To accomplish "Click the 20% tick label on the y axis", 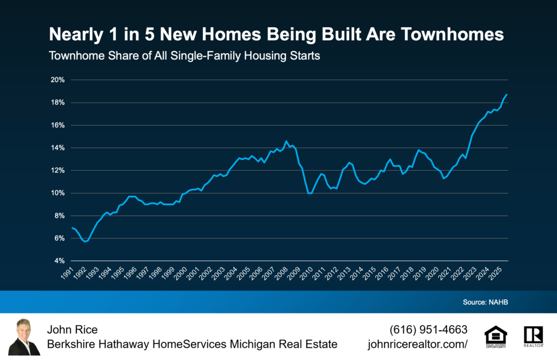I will click(x=58, y=80).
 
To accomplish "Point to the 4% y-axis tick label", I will click(x=59, y=261).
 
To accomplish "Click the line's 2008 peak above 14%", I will click(x=287, y=141).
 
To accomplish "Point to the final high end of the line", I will click(x=507, y=95).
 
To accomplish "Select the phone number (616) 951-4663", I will click(x=428, y=330).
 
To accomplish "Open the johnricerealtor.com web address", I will click(x=418, y=344).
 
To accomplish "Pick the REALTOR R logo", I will click(x=533, y=337).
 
